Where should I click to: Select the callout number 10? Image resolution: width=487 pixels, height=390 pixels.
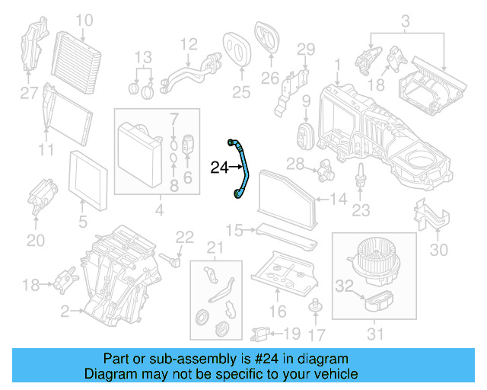click(x=84, y=19)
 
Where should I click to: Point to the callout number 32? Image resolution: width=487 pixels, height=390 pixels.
click(x=345, y=286)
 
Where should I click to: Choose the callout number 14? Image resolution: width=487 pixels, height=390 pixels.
click(x=339, y=200)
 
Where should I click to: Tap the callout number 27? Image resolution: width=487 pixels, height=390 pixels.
click(x=28, y=94)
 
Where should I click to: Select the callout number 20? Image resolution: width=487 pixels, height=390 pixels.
click(x=36, y=240)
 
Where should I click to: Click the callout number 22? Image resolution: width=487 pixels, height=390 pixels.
click(x=185, y=236)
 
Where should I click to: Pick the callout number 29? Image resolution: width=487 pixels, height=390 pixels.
click(x=304, y=50)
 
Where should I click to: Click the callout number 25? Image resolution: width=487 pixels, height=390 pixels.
click(x=240, y=93)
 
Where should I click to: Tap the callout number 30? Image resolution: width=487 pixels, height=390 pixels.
click(x=440, y=248)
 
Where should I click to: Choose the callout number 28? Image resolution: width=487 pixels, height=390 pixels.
click(x=294, y=163)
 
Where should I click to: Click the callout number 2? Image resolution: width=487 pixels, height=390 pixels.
click(x=65, y=312)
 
